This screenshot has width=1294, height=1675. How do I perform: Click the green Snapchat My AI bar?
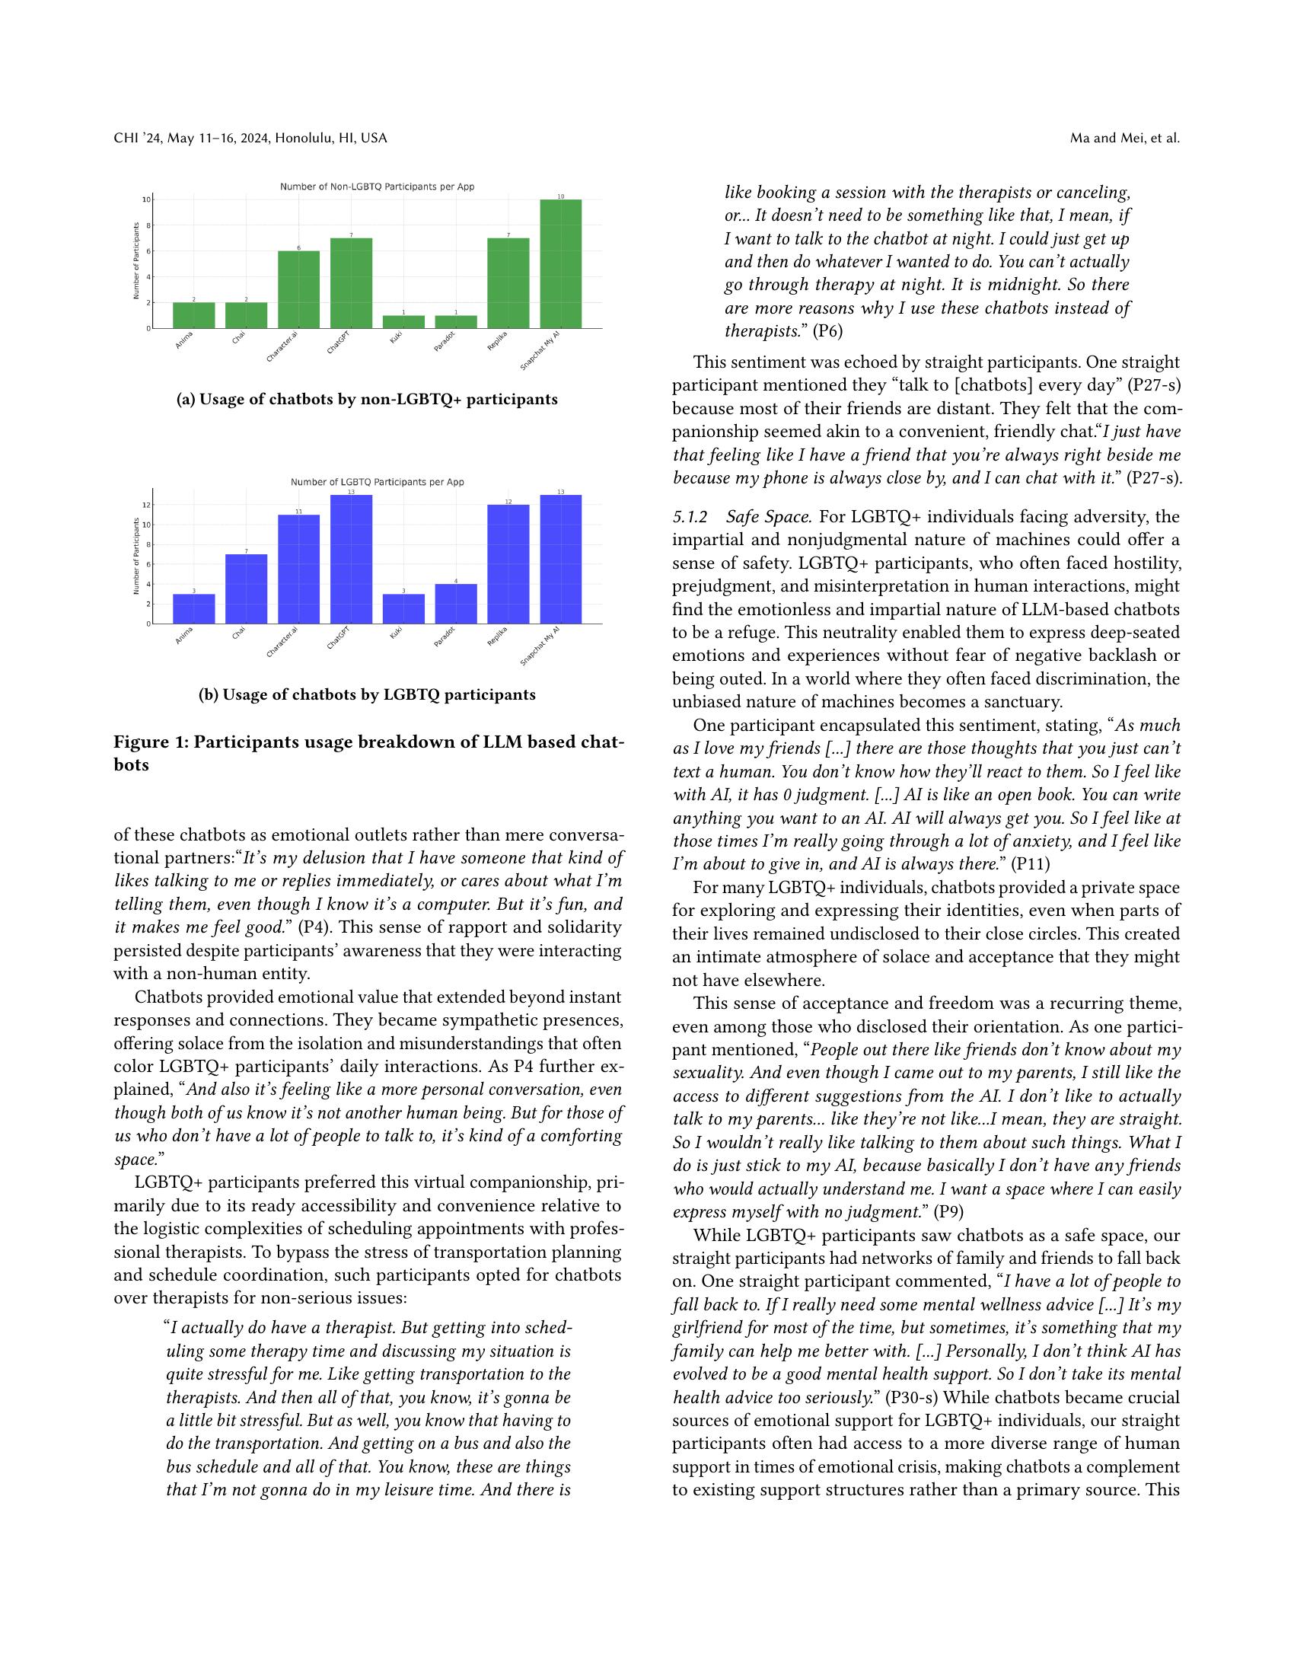coord(560,264)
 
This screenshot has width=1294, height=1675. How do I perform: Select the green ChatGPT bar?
coord(351,283)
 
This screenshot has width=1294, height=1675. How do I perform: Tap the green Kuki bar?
coord(403,321)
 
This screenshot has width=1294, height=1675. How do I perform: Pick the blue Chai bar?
coord(246,589)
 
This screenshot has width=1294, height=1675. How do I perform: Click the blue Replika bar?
coord(508,563)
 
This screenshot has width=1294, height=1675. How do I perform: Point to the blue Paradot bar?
coord(455,604)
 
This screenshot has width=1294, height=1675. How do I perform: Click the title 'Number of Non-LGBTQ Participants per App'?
coord(376,187)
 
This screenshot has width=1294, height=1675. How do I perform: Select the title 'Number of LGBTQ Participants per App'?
coord(376,482)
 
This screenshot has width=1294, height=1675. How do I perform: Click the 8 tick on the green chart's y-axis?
coord(147,225)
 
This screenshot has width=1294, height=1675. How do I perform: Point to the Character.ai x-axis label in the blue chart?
coord(282,643)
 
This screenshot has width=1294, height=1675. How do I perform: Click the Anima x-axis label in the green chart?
coord(184,340)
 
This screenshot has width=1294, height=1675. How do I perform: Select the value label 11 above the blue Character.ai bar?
coord(299,511)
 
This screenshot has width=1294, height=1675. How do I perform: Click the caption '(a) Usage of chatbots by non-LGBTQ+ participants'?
coord(367,400)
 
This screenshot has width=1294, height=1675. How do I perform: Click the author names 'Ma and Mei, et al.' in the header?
coord(1124,138)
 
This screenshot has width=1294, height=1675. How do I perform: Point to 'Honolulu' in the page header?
coord(301,138)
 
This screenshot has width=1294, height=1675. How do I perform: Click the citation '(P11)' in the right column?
coord(1030,864)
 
